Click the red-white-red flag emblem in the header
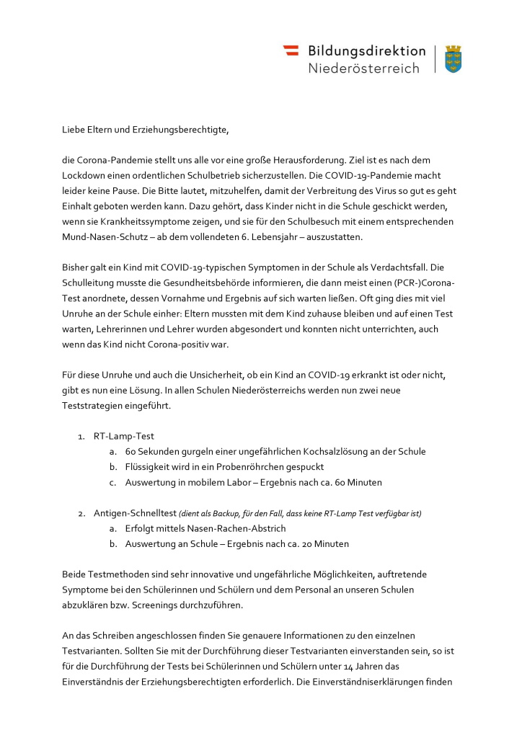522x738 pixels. pyautogui.click(x=291, y=50)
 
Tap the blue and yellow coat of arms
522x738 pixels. pyautogui.click(x=453, y=58)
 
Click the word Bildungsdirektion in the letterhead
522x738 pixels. pyautogui.click(x=366, y=50)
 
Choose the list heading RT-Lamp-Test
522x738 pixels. pyautogui.click(x=123, y=436)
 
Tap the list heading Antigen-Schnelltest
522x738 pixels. pyautogui.click(x=135, y=513)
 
